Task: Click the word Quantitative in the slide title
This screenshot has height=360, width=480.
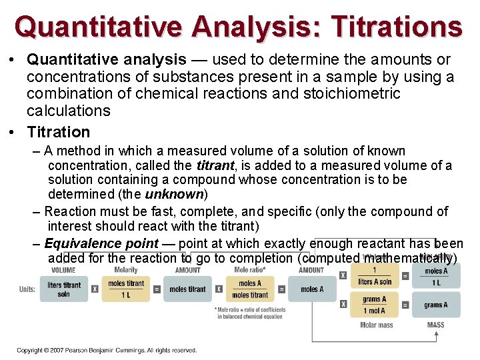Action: (99, 27)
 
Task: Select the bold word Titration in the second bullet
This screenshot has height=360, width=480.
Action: (58, 132)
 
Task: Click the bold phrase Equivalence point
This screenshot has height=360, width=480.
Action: (101, 244)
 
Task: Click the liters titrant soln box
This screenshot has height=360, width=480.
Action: (64, 289)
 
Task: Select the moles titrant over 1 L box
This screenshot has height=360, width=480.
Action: (125, 289)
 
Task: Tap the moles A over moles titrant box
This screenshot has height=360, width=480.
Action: (250, 289)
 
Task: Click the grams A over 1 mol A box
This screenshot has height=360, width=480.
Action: (375, 305)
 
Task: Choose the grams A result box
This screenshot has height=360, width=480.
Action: (435, 305)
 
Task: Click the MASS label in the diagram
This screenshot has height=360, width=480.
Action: (435, 325)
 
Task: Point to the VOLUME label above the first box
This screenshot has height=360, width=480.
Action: (63, 270)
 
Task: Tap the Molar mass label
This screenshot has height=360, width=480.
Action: (376, 325)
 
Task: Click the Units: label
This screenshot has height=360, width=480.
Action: (27, 289)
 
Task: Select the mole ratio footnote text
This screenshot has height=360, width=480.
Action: (250, 313)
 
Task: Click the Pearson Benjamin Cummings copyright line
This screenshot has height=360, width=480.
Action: (107, 350)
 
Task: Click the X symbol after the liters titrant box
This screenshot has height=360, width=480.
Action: (94, 289)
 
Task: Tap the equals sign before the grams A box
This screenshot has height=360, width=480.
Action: (405, 305)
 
